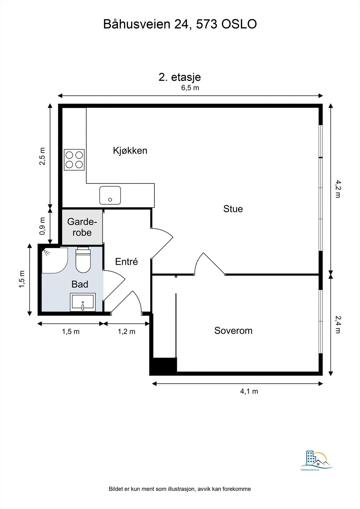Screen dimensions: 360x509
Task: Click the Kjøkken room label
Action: pyautogui.click(x=130, y=151)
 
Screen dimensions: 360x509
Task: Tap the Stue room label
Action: pyautogui.click(x=233, y=209)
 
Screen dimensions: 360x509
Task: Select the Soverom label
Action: pyautogui.click(x=233, y=331)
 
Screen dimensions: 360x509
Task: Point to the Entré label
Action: pyautogui.click(x=126, y=261)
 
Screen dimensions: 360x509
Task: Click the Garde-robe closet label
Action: pyautogui.click(x=82, y=227)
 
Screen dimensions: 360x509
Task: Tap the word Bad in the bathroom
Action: pyautogui.click(x=80, y=284)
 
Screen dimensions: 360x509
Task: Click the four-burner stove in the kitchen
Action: pyautogui.click(x=74, y=160)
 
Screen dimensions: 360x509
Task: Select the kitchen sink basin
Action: pyautogui.click(x=110, y=195)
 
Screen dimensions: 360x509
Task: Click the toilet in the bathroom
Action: pyautogui.click(x=83, y=260)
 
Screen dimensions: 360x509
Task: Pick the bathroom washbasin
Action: pyautogui.click(x=83, y=302)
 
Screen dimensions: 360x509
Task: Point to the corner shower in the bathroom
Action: pyautogui.click(x=54, y=260)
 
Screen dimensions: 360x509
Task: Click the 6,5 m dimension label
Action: pyautogui.click(x=190, y=88)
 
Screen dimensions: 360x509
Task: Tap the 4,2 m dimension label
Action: pyautogui.click(x=338, y=189)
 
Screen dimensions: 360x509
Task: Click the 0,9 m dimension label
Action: pyautogui.click(x=42, y=226)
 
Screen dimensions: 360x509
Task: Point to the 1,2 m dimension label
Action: pyautogui.click(x=126, y=331)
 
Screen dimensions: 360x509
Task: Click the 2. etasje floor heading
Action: pyautogui.click(x=180, y=77)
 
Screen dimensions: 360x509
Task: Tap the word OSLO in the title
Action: pyautogui.click(x=239, y=24)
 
